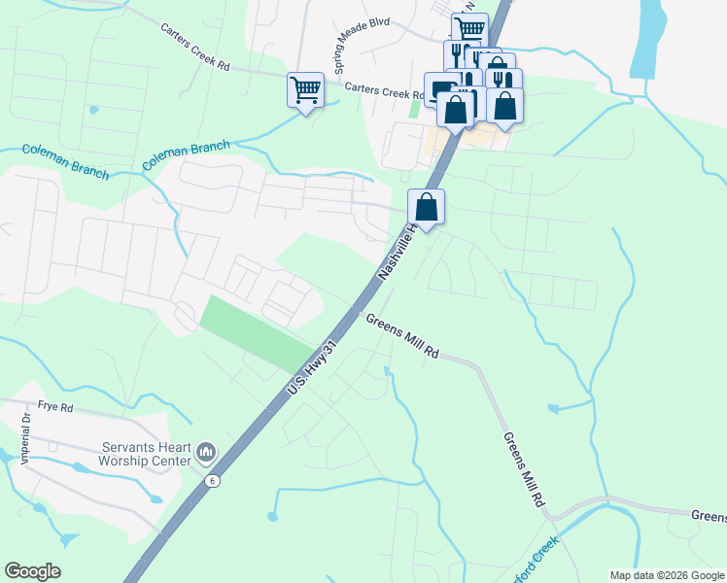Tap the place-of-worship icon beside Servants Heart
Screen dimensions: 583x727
205,453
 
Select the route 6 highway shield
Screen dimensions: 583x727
212,480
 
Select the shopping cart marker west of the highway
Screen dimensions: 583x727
305,90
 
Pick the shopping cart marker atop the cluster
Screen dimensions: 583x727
469,29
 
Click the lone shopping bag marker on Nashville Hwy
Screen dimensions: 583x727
426,207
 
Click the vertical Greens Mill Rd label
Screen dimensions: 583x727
522,469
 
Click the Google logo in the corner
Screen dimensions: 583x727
32,571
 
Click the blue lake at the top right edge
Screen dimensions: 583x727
647,39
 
